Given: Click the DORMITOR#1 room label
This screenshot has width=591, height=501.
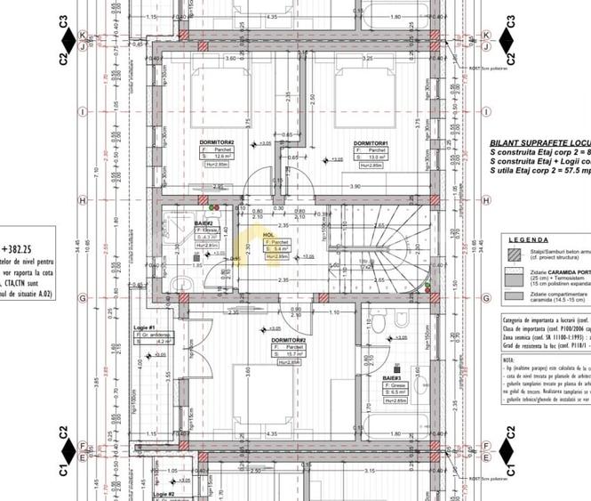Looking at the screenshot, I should click(371, 143).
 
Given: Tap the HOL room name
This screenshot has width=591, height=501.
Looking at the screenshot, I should click(268, 235).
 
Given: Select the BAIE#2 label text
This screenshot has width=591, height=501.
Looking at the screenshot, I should click(204, 222).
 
